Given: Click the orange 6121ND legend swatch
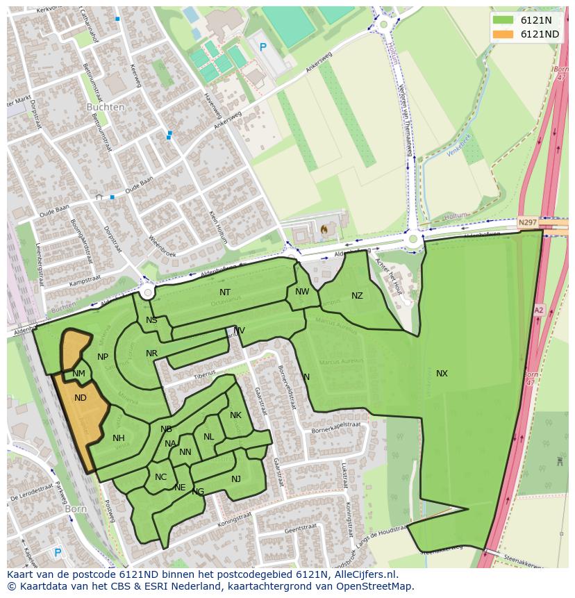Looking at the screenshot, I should pos(503,34).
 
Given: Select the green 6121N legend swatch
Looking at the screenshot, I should pos(503,20).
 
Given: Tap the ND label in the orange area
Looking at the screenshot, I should pos(81,398).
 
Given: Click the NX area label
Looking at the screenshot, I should pos(442,374).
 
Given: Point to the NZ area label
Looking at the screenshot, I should pos(357,296).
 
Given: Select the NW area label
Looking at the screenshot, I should pos(302,292).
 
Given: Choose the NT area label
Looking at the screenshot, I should pos(225,292).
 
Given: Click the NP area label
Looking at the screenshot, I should pos(103,357).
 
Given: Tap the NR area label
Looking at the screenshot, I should pos(151,354).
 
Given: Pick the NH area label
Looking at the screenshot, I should pos(119,438).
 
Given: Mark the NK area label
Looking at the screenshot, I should pos(235,415).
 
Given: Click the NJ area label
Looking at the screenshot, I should pos(236,479).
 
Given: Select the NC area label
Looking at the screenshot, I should pos(160,477).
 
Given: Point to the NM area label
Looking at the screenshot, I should pos(79,374).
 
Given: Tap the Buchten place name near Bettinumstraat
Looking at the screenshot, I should pos(106,108).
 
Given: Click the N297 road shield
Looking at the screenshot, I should pos(528,222).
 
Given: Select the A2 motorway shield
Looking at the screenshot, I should pos(539,310).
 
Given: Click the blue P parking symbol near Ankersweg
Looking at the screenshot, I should pos(262,47).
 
